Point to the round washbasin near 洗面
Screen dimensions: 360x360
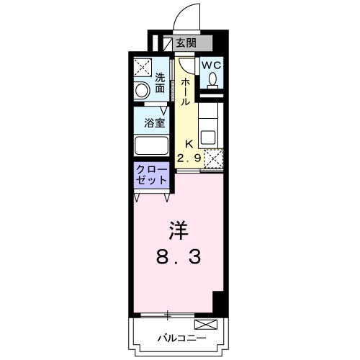143,90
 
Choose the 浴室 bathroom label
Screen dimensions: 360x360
155,122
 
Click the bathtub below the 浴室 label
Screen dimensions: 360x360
152,144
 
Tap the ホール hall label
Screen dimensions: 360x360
185,93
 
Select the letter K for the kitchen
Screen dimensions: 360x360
188,143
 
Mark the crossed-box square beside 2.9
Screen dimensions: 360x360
212,158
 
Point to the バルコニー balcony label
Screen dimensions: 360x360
181,338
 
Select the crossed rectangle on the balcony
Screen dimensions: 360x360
205,325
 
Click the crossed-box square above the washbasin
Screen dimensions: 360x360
142,68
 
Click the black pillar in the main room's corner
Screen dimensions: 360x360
220,303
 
